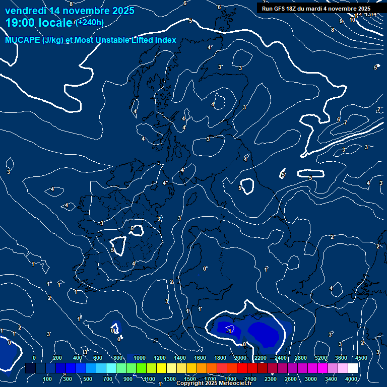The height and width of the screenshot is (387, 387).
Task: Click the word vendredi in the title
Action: pyautogui.click(x=25, y=11)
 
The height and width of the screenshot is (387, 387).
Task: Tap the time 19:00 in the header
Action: pyautogui.click(x=21, y=22)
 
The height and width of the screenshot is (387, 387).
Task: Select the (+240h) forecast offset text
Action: pyautogui.click(x=90, y=22)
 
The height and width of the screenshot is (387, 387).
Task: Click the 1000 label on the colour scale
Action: pyautogui.click(x=140, y=358)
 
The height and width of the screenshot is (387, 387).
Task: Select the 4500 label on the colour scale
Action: pyautogui.click(x=361, y=358)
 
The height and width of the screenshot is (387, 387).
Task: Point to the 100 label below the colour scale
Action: pyautogui.click(x=47, y=379)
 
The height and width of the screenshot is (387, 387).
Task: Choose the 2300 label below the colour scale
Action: pyautogui.click(x=271, y=379)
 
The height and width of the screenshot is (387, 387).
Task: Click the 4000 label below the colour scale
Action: pyautogui.click(x=351, y=379)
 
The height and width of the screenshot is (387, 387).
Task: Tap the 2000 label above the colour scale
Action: pyautogui.click(x=240, y=358)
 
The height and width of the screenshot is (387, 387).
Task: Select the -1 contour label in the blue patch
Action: pyautogui.click(x=230, y=331)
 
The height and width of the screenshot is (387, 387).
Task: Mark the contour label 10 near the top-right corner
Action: pyautogui.click(x=352, y=20)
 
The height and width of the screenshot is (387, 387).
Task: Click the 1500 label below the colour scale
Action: pyautogui.click(x=190, y=379)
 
